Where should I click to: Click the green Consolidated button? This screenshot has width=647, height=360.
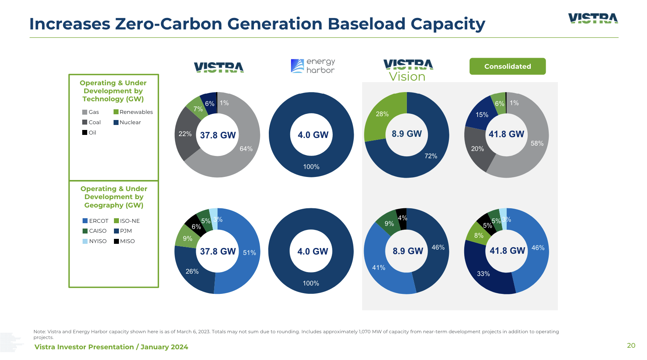click(x=507, y=66)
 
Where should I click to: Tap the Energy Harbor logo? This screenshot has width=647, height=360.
click(x=313, y=66)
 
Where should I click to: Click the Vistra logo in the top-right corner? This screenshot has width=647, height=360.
click(x=593, y=18)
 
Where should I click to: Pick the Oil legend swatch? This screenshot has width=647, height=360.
click(x=85, y=133)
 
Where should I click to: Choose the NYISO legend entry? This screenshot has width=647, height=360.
click(x=94, y=241)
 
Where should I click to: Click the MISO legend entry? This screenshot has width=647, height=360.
click(x=124, y=241)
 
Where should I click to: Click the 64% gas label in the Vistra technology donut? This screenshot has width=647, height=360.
click(x=246, y=149)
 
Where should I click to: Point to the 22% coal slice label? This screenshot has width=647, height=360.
click(x=185, y=134)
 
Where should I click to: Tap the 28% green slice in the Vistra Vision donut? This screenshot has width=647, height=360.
click(x=382, y=114)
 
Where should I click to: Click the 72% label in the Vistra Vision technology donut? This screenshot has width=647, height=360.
click(x=431, y=156)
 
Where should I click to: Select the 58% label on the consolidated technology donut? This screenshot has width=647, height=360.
click(x=537, y=143)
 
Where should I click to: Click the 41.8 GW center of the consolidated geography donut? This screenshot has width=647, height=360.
click(x=507, y=251)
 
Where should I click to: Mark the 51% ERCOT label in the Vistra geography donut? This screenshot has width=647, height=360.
click(x=249, y=253)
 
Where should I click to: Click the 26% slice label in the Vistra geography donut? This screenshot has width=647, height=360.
click(x=192, y=271)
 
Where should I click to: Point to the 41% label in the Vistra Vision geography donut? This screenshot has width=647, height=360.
click(x=379, y=268)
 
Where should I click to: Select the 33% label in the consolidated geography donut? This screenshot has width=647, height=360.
click(x=483, y=274)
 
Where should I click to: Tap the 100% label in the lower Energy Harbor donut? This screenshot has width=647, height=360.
click(x=311, y=283)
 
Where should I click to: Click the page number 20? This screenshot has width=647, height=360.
click(x=631, y=345)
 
